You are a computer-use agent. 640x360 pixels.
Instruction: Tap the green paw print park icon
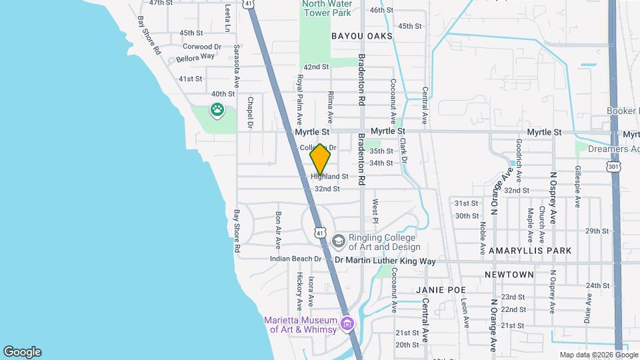(217, 110)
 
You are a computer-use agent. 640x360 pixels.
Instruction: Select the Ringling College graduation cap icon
(338, 240)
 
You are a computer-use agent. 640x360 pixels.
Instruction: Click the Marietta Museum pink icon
(346, 325)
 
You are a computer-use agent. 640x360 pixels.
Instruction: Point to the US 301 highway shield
(613, 167)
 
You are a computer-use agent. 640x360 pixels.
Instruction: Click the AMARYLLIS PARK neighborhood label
(530, 251)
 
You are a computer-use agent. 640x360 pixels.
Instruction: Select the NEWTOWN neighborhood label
(509, 275)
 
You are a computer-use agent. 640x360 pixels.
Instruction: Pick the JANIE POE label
(441, 290)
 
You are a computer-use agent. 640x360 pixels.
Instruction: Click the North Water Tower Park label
(327, 7)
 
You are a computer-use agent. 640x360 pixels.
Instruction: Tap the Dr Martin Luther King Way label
(385, 261)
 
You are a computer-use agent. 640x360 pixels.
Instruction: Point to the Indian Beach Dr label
(296, 259)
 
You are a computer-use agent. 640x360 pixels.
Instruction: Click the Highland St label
(329, 177)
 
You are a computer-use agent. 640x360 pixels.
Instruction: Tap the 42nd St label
(316, 67)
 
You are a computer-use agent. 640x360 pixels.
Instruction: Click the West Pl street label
(375, 211)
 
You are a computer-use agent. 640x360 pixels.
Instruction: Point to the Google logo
(22, 352)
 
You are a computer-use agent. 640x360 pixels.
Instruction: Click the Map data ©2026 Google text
(597, 355)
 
